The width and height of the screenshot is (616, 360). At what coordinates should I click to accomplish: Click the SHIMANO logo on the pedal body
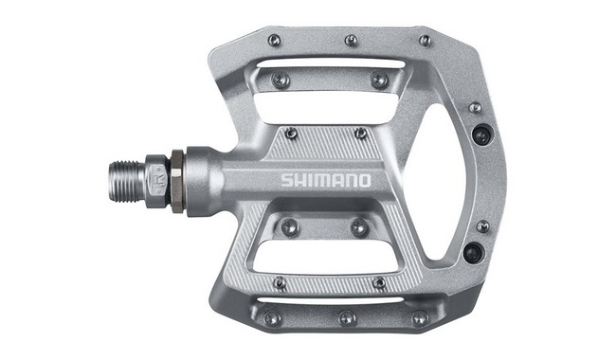click(325, 180)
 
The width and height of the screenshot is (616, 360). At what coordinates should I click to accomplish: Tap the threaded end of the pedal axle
click(122, 178)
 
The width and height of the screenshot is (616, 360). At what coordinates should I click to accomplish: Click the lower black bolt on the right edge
click(472, 252)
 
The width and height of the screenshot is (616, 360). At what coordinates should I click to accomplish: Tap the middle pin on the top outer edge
click(351, 40)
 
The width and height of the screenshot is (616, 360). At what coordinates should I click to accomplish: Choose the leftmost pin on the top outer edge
click(274, 40)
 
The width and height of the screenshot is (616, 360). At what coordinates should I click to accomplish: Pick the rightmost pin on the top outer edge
click(425, 41)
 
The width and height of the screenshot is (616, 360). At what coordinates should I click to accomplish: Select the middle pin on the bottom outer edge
click(346, 317)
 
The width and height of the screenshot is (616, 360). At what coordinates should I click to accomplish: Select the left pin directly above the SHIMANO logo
click(291, 134)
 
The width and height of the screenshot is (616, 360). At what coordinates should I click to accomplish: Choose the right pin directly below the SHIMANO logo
click(359, 227)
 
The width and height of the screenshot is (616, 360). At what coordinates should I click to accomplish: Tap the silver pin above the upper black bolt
click(475, 108)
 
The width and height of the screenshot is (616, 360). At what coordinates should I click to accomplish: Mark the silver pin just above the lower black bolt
click(482, 226)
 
